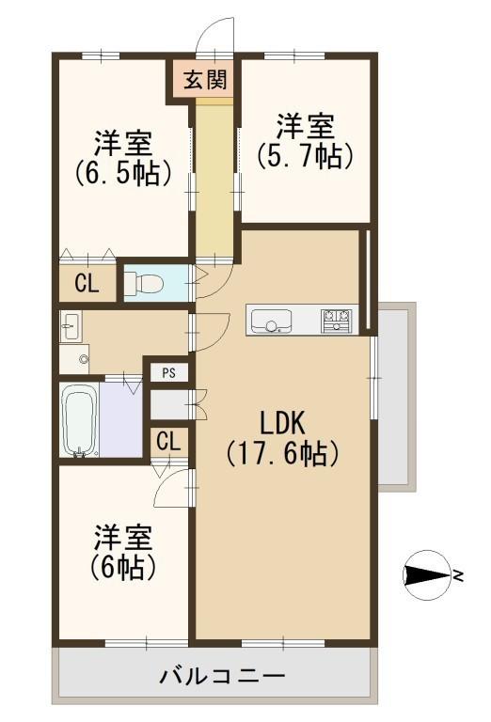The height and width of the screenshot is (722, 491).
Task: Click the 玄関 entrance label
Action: point(203,79)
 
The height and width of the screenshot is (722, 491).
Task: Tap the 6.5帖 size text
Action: point(123,173)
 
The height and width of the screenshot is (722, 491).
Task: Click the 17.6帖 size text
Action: point(282,454)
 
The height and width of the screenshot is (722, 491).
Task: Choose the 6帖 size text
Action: point(123,567)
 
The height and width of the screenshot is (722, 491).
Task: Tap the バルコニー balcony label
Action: point(220,675)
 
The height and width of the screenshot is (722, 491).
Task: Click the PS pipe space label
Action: point(168,373)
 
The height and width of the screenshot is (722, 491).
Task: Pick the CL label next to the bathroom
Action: point(169,440)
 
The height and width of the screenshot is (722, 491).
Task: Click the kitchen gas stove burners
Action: point(338,321)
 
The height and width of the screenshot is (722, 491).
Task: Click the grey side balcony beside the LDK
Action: point(396,395)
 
